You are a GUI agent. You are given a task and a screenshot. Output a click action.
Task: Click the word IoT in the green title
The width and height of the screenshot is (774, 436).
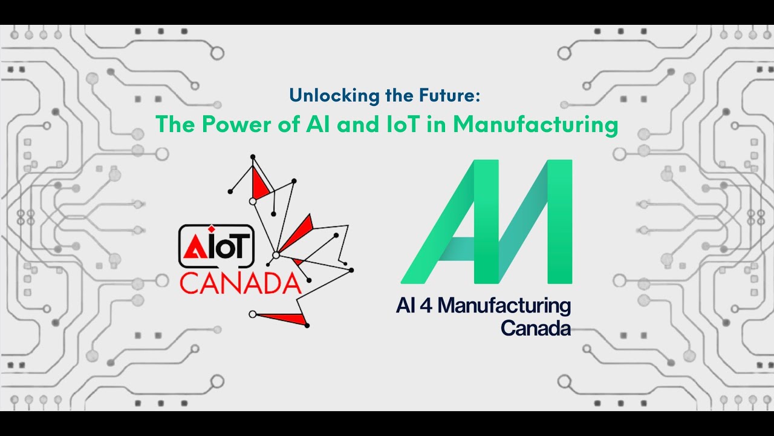[x=391, y=124]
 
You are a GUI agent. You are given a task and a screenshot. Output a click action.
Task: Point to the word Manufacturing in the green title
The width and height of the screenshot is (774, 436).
[x=535, y=124]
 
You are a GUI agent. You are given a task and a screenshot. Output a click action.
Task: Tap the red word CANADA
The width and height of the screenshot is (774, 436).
[x=240, y=283]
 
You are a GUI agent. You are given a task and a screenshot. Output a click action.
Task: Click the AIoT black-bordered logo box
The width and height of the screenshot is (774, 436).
[x=216, y=246]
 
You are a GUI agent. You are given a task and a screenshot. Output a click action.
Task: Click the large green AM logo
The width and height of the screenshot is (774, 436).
[x=487, y=222]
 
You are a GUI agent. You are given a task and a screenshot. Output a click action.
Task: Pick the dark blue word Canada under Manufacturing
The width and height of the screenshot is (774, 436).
[x=536, y=328]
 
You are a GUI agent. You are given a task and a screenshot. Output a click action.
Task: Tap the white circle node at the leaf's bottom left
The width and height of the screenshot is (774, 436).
[x=252, y=314]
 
